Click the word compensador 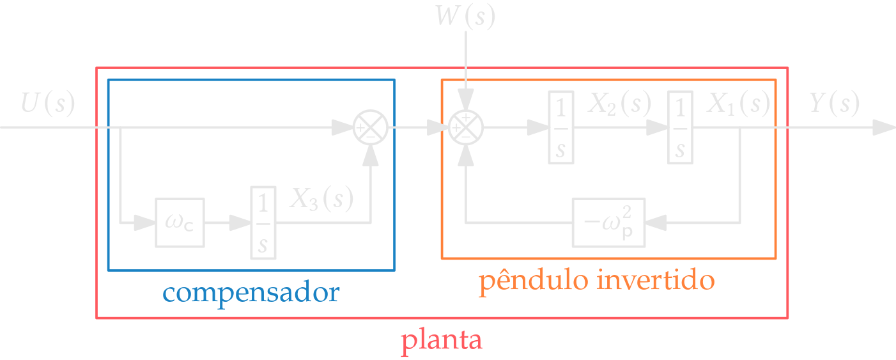click(x=251, y=293)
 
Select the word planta click(x=442, y=340)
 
